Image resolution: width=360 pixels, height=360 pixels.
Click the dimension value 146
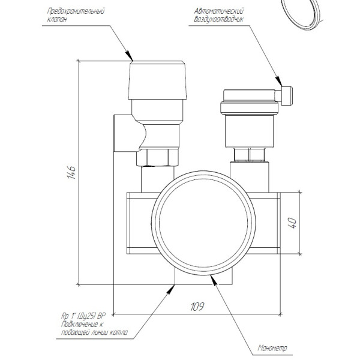[70, 173]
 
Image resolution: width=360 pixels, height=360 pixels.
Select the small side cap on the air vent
[287, 95]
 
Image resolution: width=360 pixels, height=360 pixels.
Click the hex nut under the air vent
[248, 155]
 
